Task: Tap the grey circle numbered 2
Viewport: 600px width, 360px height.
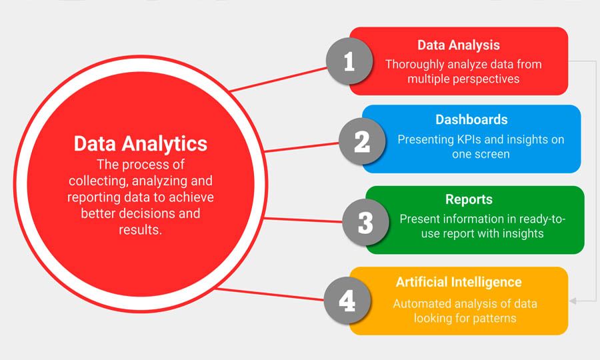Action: (x=362, y=141)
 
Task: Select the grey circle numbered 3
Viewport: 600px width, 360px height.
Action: (x=365, y=222)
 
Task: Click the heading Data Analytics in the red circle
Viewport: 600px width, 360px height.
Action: (x=140, y=143)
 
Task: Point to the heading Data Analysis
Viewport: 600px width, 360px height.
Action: (x=459, y=45)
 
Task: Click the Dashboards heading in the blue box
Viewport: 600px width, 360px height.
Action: (x=471, y=120)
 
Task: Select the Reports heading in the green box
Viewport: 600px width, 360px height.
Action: (x=469, y=199)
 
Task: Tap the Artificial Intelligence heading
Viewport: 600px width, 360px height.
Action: (x=459, y=282)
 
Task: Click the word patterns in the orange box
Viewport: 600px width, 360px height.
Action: (x=492, y=318)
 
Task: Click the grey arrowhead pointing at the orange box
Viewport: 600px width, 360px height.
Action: (x=573, y=301)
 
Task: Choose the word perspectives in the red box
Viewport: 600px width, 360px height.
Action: (x=487, y=79)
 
